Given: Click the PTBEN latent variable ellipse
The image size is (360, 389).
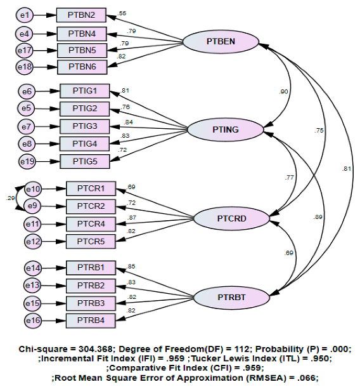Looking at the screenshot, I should [x=221, y=41].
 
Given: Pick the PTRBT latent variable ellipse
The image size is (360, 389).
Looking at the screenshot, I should [x=230, y=297].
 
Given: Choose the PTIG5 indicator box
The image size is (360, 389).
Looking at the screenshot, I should [x=84, y=161].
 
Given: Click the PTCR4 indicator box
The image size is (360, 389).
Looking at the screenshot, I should [x=90, y=223].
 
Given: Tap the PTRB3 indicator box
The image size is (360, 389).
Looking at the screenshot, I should [x=90, y=303].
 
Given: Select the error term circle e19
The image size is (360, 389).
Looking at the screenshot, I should [x=27, y=162].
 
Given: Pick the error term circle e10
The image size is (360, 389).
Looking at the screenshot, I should [x=34, y=188].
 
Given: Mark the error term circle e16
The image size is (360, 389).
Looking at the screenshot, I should [x=34, y=321].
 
